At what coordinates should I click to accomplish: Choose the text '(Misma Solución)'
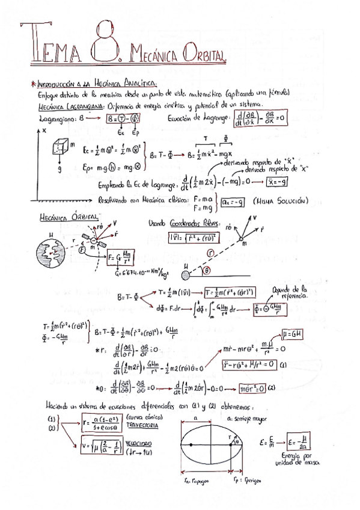[x=281, y=200]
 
